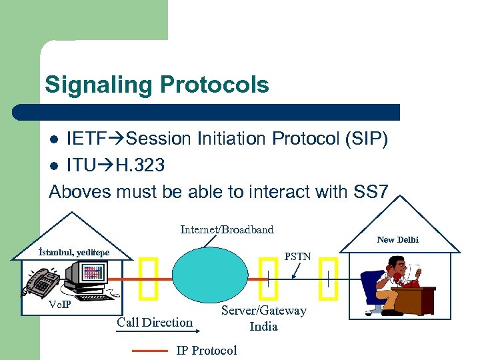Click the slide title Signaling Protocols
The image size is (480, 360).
157,85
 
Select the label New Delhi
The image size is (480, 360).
397,239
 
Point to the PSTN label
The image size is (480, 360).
297,255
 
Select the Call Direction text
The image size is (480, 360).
155,323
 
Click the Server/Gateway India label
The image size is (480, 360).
263,318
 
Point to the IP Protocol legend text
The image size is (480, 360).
206,351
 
